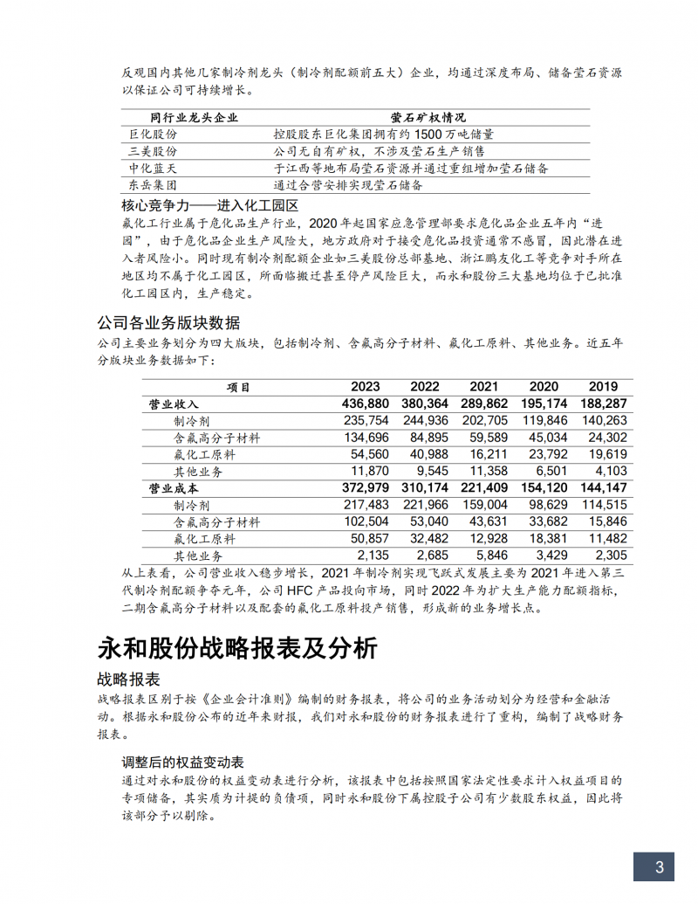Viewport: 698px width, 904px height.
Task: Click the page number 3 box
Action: tap(660, 866)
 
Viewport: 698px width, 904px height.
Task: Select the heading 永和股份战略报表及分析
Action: tap(236, 648)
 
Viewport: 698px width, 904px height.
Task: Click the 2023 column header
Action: tap(365, 387)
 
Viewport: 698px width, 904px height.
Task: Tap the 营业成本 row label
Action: tap(174, 488)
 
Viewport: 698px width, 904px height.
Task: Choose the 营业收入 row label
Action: tap(174, 404)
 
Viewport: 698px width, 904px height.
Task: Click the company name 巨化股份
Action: tap(153, 135)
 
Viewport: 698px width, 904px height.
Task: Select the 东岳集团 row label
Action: tap(153, 185)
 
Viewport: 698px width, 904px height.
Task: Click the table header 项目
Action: tap(238, 387)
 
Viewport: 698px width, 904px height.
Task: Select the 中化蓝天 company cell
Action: tap(153, 169)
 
